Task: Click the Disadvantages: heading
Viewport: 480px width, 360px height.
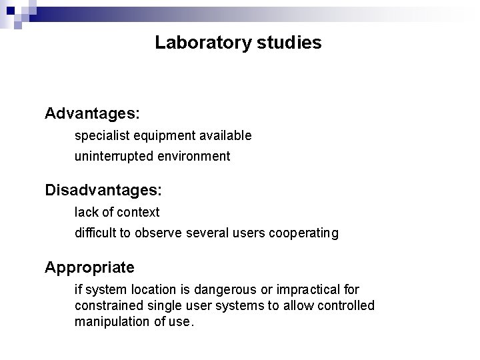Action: tap(103, 190)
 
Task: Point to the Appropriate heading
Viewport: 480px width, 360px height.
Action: tap(89, 267)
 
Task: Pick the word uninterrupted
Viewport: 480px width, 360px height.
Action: tap(113, 157)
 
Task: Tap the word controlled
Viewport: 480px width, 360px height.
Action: tap(346, 305)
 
